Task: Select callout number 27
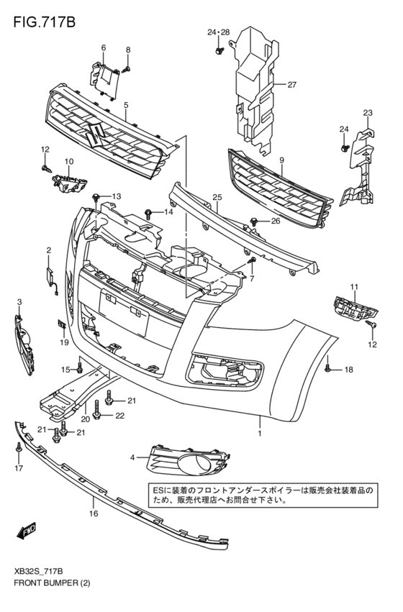pos(292,85)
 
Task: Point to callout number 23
pos(367,113)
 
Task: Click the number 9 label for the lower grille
pos(281,160)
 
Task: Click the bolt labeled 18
pos(327,369)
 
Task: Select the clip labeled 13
pos(96,197)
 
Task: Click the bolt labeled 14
pos(148,212)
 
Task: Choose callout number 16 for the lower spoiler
pos(93,513)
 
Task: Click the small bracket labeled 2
pos(50,273)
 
